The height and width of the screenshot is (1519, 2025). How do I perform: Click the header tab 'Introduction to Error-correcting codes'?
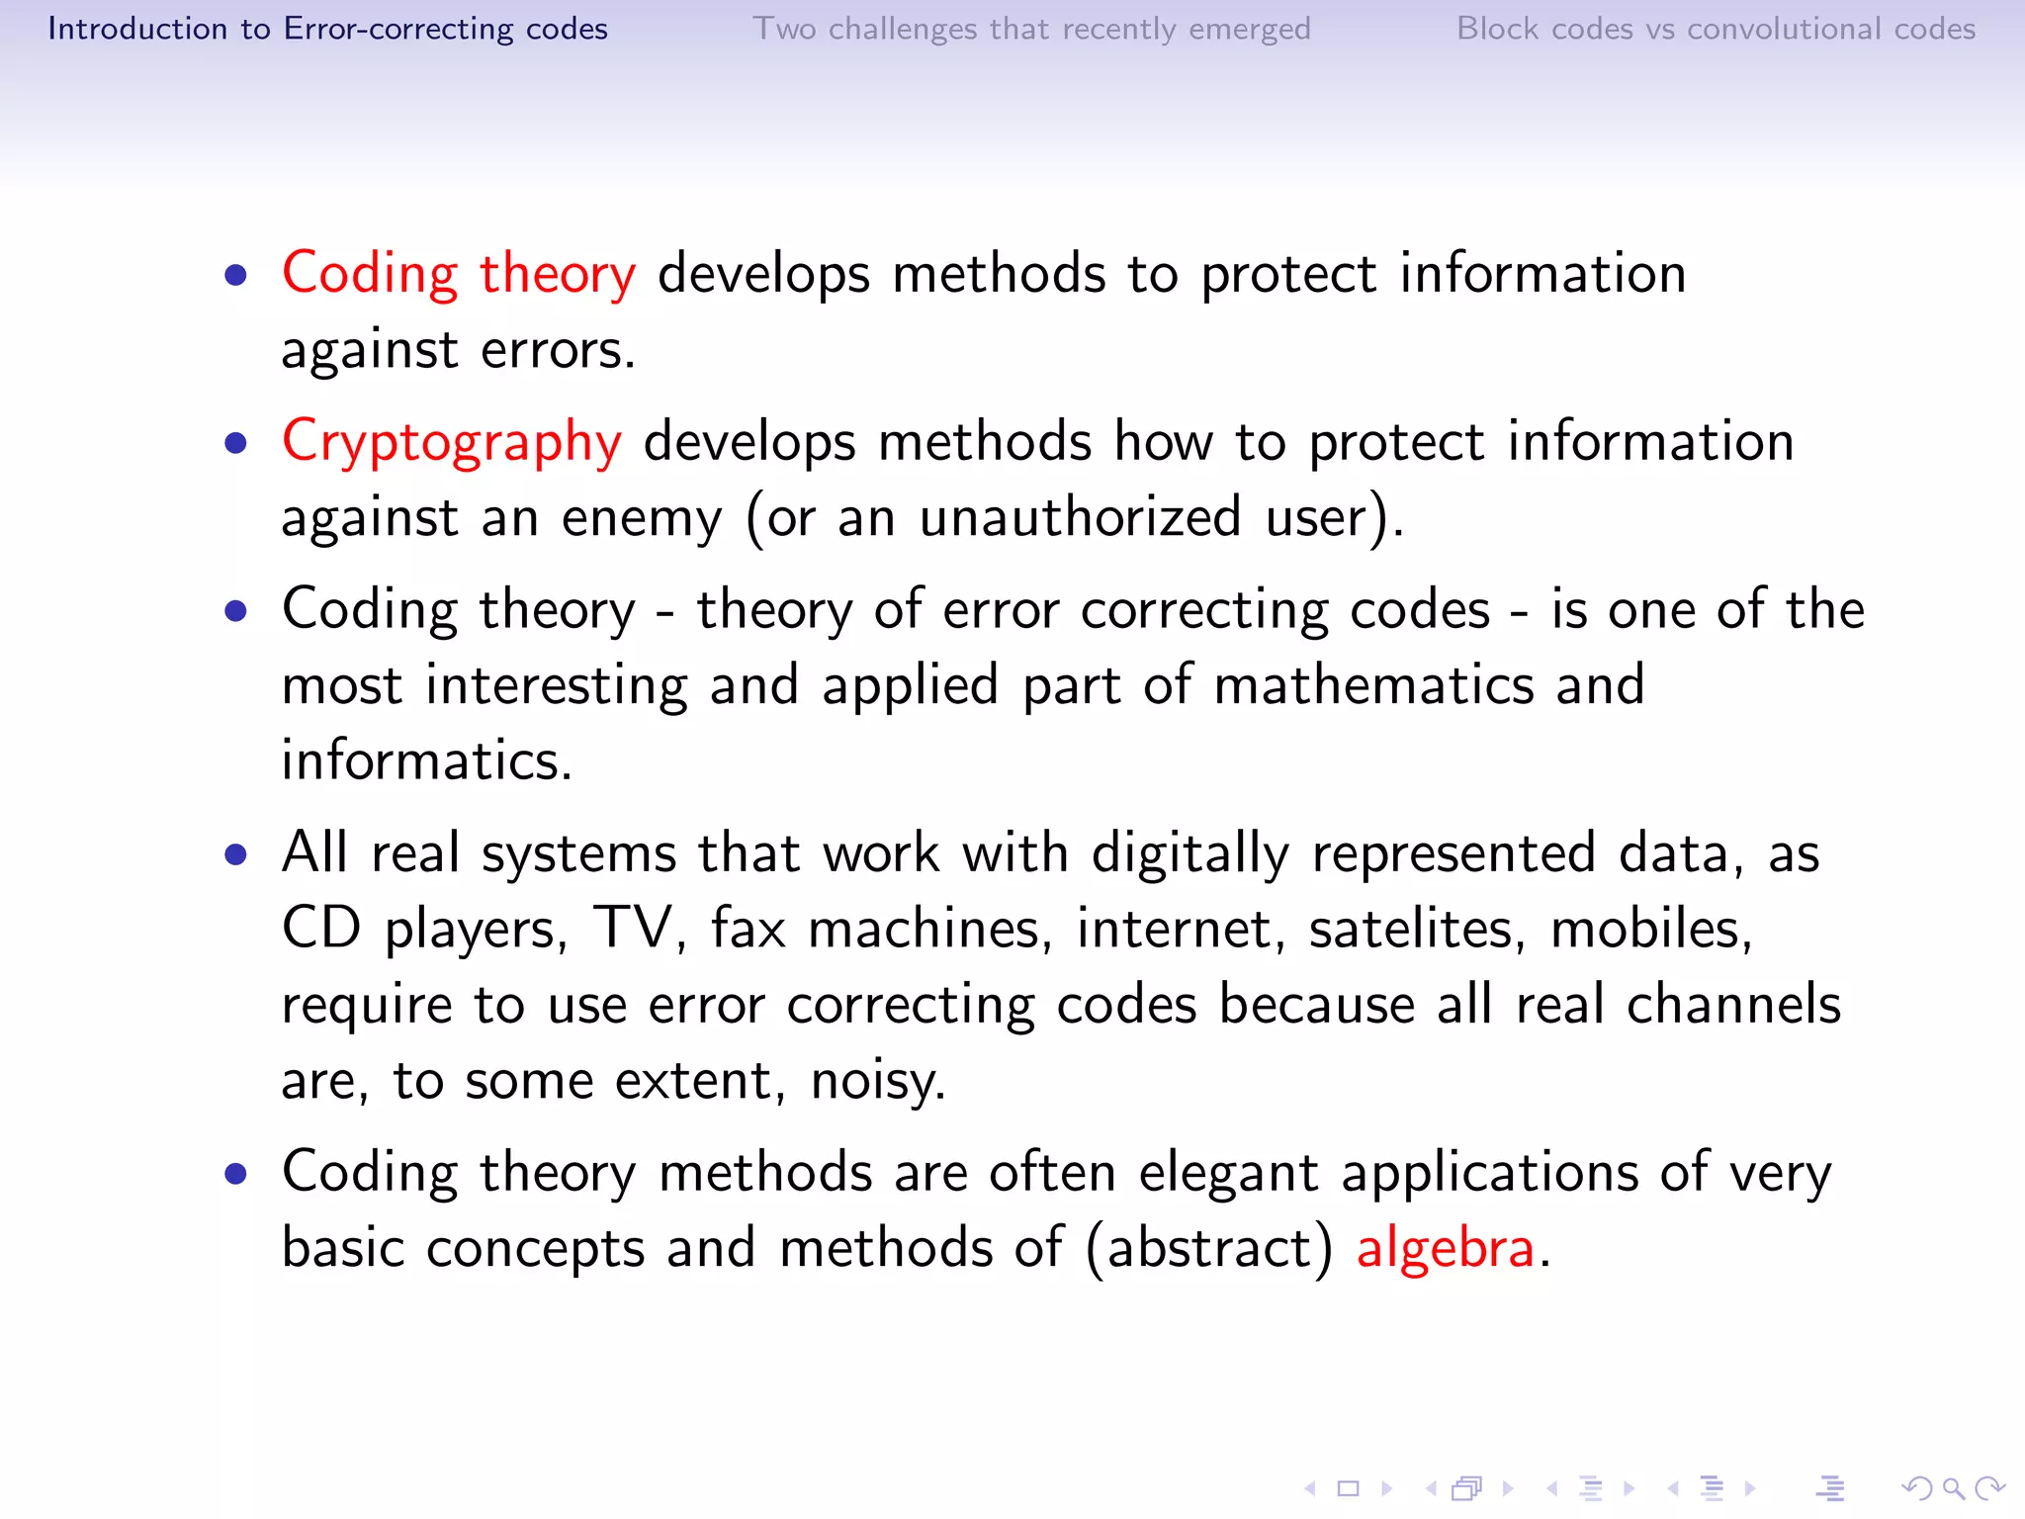[x=327, y=29]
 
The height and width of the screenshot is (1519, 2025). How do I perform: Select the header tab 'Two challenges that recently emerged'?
[x=1031, y=29]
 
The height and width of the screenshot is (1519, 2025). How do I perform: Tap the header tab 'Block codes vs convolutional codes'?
[x=1716, y=29]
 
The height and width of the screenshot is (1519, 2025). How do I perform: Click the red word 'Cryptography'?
[x=452, y=442]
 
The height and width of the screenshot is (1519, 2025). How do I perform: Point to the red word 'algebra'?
[x=1445, y=1248]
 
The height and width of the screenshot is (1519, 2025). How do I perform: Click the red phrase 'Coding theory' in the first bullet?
[x=459, y=274]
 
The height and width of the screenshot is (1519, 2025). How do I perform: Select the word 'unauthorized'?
[x=1080, y=517]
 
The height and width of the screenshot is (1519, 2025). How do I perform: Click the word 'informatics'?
[x=426, y=760]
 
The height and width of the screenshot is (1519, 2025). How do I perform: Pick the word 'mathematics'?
[x=1373, y=685]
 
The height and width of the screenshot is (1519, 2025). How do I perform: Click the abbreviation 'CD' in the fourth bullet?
[x=321, y=929]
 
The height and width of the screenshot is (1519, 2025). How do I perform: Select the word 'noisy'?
[x=877, y=1081]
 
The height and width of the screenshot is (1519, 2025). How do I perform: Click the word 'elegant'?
[x=1228, y=1174]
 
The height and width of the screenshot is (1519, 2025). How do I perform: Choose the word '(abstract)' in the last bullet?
[x=1209, y=1248]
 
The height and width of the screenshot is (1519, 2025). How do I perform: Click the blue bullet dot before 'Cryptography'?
[x=235, y=442]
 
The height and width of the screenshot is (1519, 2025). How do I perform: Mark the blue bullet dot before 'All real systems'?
[x=235, y=853]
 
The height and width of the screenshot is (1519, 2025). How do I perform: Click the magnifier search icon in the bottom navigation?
[x=1952, y=1488]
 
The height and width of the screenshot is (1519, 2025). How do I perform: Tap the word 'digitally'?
[x=1189, y=853]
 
